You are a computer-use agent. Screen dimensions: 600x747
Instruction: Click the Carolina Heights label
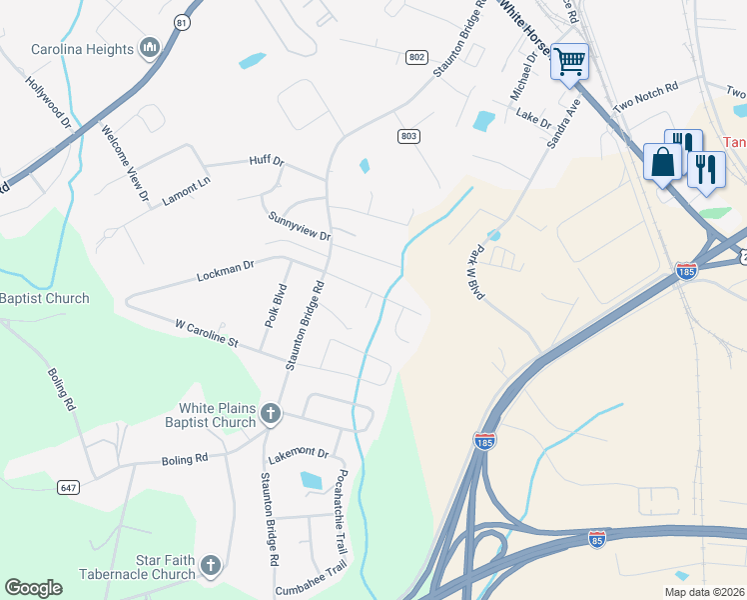pyautogui.click(x=82, y=50)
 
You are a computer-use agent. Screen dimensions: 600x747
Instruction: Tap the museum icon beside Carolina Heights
pyautogui.click(x=151, y=48)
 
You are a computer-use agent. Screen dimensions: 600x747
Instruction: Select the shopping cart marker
pyautogui.click(x=569, y=61)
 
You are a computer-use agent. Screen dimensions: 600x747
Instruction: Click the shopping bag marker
pyautogui.click(x=662, y=161)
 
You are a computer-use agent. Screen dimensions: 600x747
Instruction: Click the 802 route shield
pyautogui.click(x=416, y=57)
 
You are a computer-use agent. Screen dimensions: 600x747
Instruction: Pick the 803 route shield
pyautogui.click(x=407, y=136)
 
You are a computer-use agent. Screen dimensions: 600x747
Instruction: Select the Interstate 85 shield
pyautogui.click(x=597, y=540)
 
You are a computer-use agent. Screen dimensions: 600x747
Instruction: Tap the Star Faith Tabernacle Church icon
pyautogui.click(x=210, y=566)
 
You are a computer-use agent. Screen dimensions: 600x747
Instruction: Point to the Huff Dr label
pyautogui.click(x=267, y=160)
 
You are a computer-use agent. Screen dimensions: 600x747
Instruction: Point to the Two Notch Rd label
pyautogui.click(x=645, y=97)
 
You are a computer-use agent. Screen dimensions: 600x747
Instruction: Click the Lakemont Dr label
pyautogui.click(x=298, y=453)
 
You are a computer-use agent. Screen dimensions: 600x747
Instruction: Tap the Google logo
pyautogui.click(x=34, y=588)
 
